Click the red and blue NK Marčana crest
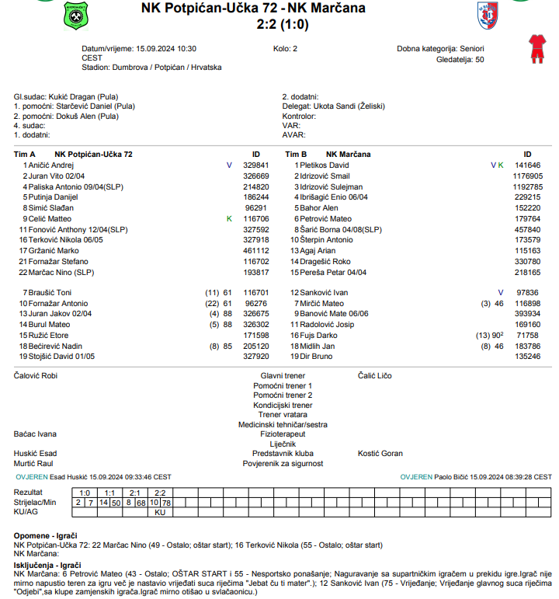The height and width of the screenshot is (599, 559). coord(487,14)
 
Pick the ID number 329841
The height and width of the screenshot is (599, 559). coord(255,165)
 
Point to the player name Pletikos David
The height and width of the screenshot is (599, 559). coord(324,165)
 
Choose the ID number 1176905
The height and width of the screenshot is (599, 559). coord(527,176)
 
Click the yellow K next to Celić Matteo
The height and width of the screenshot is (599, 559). coord(229,219)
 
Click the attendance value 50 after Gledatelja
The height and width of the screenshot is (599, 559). coord(479,58)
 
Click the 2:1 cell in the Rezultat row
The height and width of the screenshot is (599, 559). coord(135,493)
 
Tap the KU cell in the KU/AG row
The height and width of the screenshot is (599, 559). coord(161,512)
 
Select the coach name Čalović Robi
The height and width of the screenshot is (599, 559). coord(36,375)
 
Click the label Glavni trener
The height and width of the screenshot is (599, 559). coord(283,375)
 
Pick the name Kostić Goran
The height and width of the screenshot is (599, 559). coord(380,453)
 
